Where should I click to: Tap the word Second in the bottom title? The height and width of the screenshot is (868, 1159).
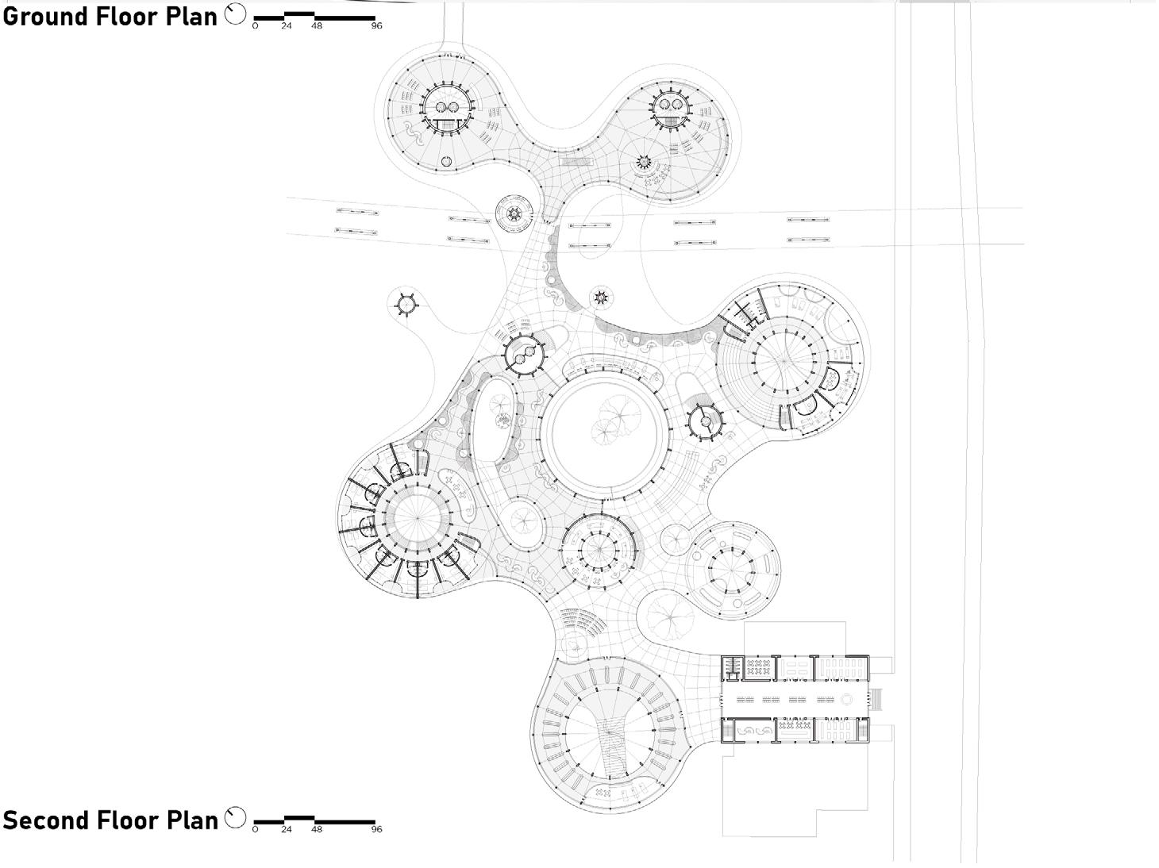coord(41,820)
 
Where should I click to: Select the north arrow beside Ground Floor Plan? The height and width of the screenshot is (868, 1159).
coord(236,14)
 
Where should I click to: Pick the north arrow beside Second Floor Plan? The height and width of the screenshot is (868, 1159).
coord(236,818)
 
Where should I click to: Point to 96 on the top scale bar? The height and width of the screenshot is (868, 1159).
coord(376,26)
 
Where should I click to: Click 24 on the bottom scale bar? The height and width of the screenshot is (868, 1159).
coord(286,830)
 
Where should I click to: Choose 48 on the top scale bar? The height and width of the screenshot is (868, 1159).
coord(317,26)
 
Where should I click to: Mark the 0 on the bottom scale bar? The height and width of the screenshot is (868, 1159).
coord(255,830)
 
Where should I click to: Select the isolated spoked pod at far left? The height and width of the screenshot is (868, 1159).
coord(406,304)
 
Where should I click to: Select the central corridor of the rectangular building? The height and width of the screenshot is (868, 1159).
coord(794,700)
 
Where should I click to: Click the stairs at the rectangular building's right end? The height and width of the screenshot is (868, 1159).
coord(876,700)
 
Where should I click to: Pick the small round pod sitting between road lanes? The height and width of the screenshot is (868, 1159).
coord(512,213)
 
